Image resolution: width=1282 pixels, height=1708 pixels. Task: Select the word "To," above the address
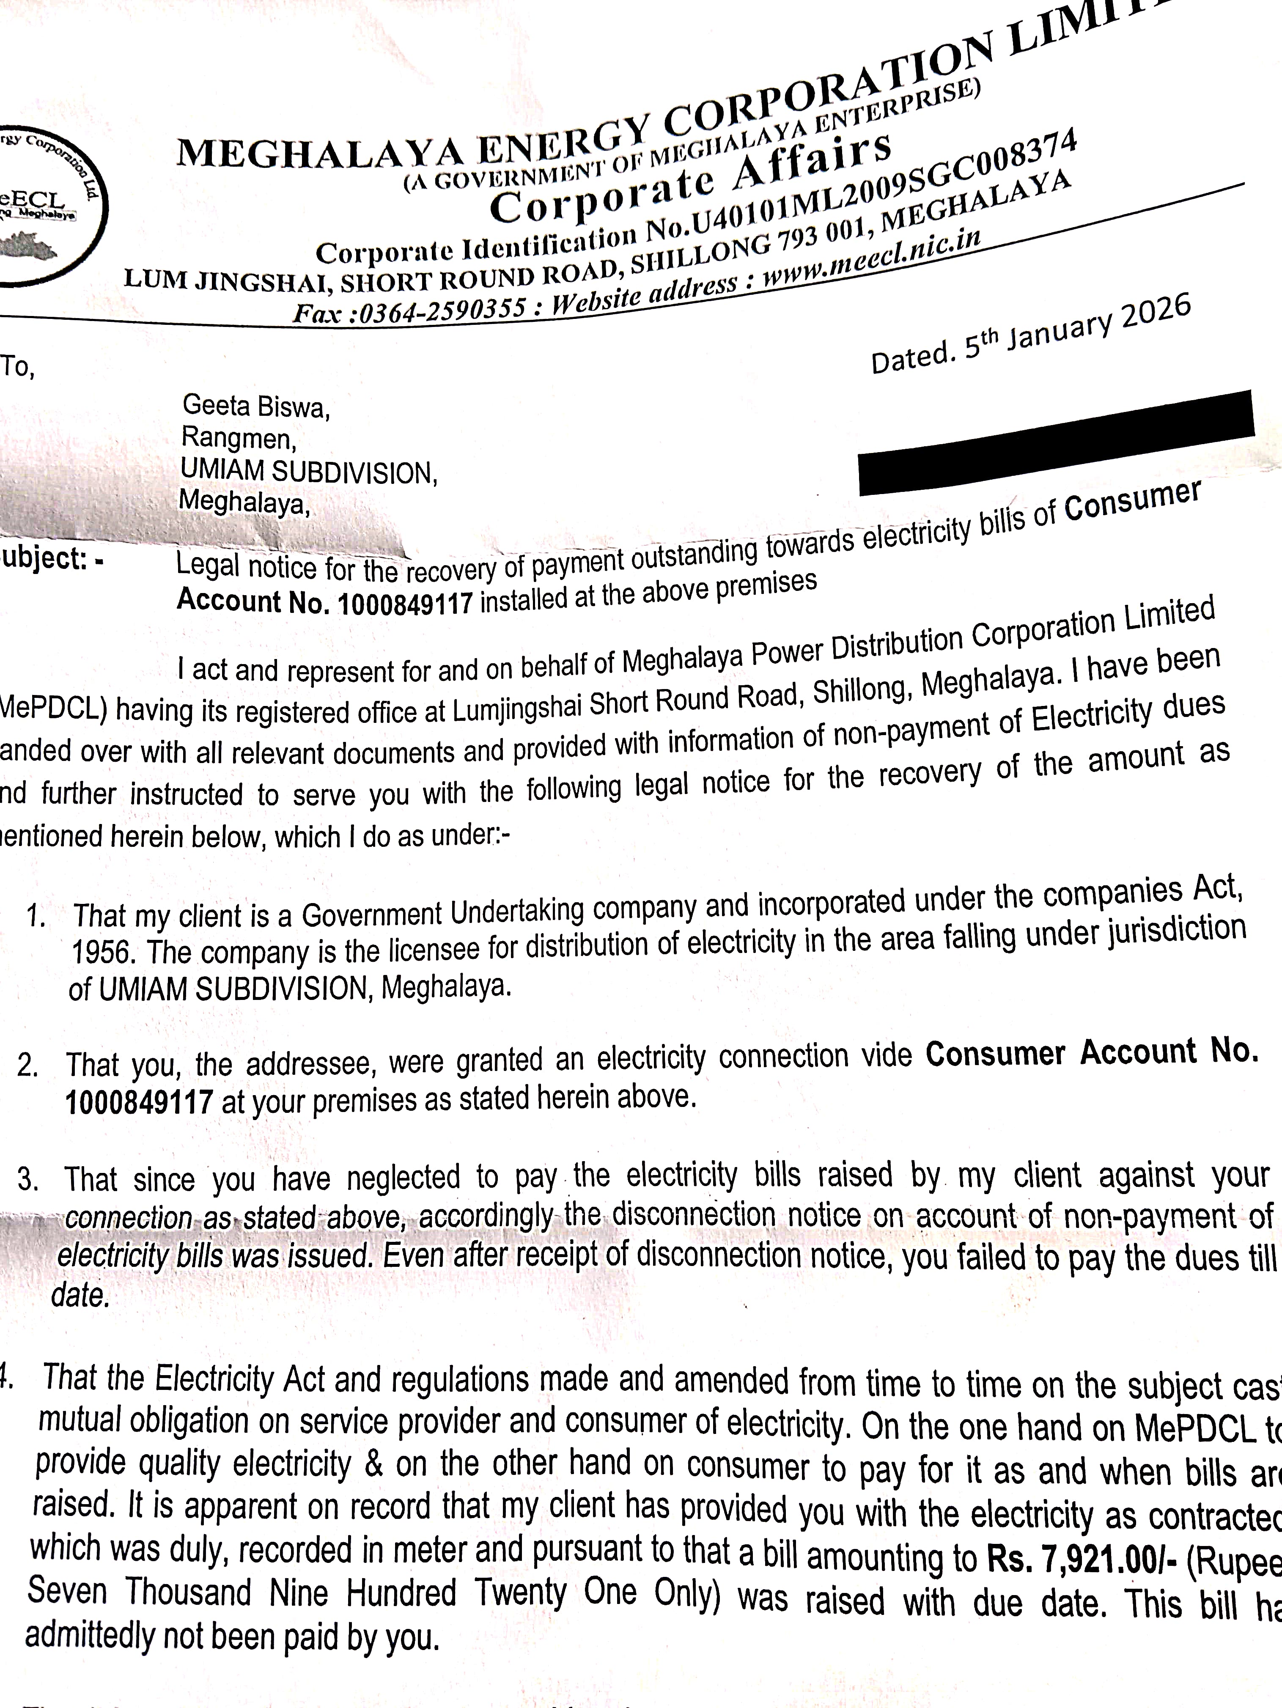coord(17,367)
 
